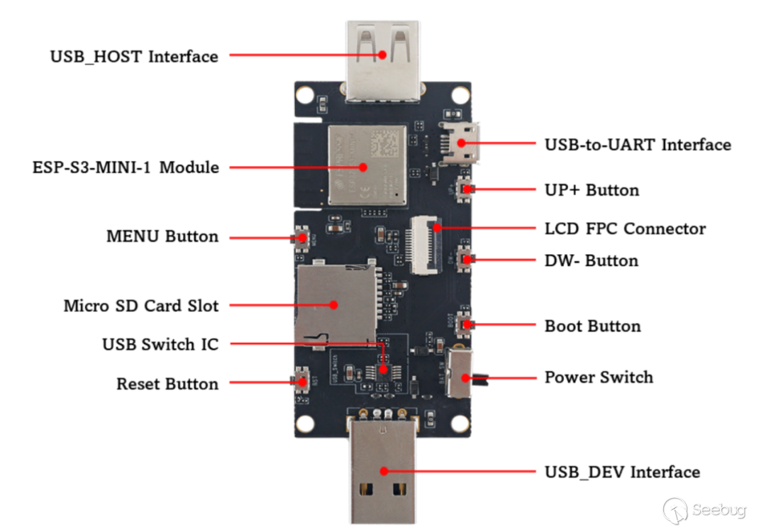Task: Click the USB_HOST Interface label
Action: [134, 56]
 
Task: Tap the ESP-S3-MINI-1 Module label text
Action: [126, 168]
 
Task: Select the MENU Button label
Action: [162, 236]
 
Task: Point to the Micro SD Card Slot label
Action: [141, 306]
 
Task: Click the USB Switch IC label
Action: [160, 345]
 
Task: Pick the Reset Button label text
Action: [167, 384]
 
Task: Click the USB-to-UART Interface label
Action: [638, 145]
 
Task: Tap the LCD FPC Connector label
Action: [625, 229]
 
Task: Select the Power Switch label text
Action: [599, 377]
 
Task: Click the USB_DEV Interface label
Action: [622, 473]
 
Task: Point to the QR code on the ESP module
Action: [385, 145]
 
